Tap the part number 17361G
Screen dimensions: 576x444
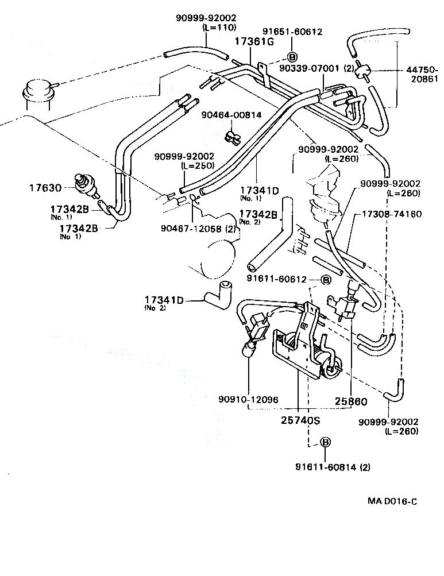coord(251,41)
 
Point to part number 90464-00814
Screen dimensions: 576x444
coord(231,115)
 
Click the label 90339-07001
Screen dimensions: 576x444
coord(310,68)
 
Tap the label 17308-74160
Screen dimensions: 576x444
coord(391,214)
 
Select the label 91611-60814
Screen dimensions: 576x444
coord(326,467)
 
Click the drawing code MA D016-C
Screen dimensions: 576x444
coord(392,501)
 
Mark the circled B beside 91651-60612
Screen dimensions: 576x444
coord(291,57)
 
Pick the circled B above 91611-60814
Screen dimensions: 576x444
coord(325,442)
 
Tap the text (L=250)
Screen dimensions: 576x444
coord(198,165)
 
